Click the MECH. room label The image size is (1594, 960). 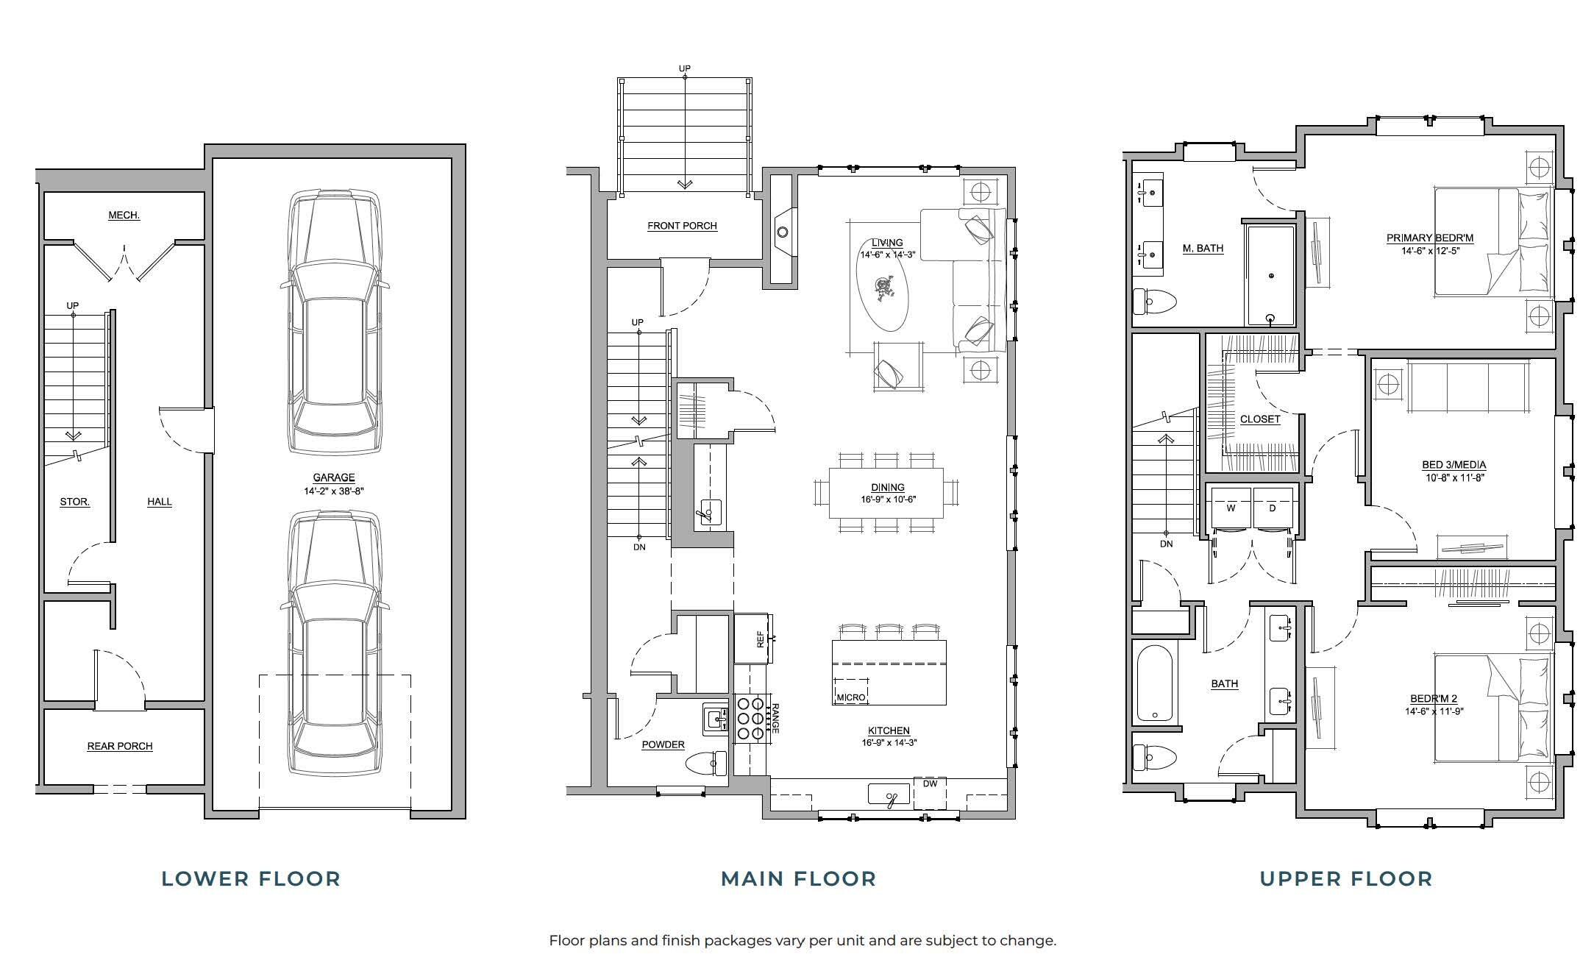pyautogui.click(x=124, y=216)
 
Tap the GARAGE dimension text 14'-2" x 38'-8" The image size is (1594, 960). pyautogui.click(x=333, y=491)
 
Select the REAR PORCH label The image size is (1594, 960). pyautogui.click(x=120, y=746)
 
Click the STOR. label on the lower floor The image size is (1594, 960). pyautogui.click(x=74, y=502)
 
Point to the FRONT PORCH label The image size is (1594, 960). pyautogui.click(x=682, y=226)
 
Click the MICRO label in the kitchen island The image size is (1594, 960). pyautogui.click(x=850, y=697)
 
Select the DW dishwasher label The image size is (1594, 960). pyautogui.click(x=930, y=783)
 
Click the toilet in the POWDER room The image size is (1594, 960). pyautogui.click(x=705, y=764)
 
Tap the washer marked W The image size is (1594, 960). pyautogui.click(x=1230, y=508)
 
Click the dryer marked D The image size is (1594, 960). pyautogui.click(x=1273, y=508)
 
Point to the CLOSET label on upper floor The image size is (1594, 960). pyautogui.click(x=1259, y=419)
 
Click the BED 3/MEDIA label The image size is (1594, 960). pyautogui.click(x=1454, y=465)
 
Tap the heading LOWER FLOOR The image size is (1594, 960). pyautogui.click(x=251, y=879)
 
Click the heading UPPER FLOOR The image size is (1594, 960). pyautogui.click(x=1346, y=879)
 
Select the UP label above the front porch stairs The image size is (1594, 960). pyautogui.click(x=684, y=69)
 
